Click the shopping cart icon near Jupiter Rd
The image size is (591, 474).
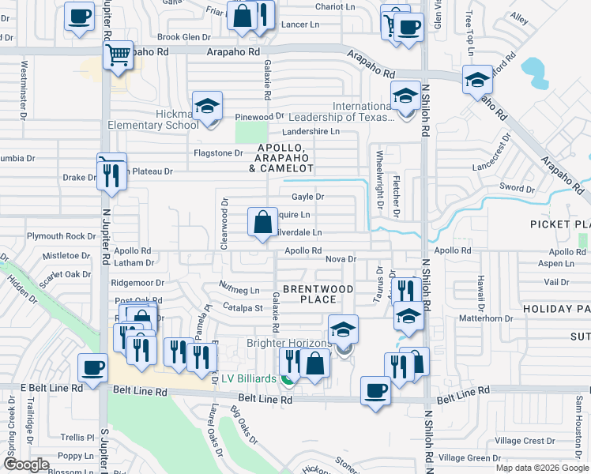coord(118,56)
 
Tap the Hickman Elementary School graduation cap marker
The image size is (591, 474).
coord(207,107)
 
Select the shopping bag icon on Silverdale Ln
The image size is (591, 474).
coord(262,222)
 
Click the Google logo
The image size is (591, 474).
coord(27,465)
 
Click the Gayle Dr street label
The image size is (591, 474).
coord(308,197)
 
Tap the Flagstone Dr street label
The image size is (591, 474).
coord(218,152)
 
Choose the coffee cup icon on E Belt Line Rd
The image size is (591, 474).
coord(92,369)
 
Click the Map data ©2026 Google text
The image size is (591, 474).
coord(541,468)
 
